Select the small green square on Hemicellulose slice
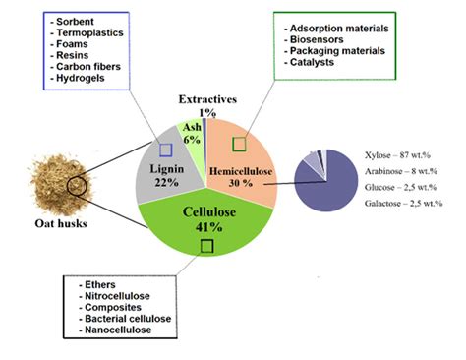point(239,144)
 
